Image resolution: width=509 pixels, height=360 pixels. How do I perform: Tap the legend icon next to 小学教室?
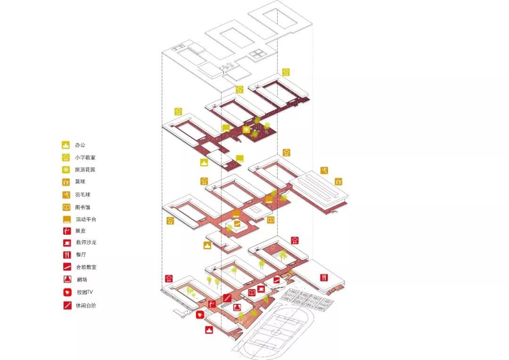[x=66, y=158]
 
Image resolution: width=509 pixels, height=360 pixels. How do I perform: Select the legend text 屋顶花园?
[x=85, y=170]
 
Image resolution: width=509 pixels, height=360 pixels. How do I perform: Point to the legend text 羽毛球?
[x=82, y=194]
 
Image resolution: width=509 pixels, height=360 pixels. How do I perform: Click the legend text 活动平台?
[x=85, y=219]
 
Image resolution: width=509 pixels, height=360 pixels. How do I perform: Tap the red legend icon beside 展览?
[x=66, y=231]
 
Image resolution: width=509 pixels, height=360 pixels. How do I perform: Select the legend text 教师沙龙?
[x=85, y=243]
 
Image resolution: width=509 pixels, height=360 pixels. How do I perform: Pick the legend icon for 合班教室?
[x=66, y=267]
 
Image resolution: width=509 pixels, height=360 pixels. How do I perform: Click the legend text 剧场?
[x=81, y=279]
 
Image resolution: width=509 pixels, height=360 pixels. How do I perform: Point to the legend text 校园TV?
[x=84, y=292]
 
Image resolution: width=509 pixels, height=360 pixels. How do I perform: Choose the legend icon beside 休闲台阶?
[x=66, y=305]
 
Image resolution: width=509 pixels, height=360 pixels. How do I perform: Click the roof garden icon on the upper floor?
[x=246, y=129]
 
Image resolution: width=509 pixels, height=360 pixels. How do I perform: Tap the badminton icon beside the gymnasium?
[x=323, y=170]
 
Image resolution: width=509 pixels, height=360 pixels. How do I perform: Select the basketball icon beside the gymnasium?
[x=338, y=181]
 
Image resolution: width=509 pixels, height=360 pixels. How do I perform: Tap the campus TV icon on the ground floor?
[x=200, y=314]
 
